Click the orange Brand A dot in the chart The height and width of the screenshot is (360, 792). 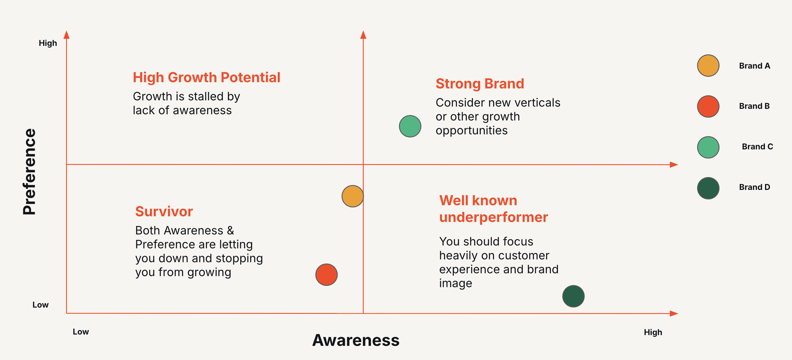tap(353, 196)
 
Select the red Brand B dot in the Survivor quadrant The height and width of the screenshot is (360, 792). tap(326, 275)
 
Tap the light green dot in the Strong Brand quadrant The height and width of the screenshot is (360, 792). tap(410, 126)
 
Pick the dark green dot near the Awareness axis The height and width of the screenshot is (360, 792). tap(573, 296)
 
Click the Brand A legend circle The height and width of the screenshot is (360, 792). tap(708, 66)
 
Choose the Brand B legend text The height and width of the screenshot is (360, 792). tap(754, 106)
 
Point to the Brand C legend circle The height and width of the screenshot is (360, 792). tap(708, 147)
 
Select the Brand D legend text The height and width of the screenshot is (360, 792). tap(755, 187)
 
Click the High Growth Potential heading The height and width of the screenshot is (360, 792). tap(207, 78)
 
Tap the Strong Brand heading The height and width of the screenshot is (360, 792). tap(480, 84)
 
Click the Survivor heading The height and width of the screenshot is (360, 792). tap(164, 212)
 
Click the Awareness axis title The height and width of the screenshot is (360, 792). tap(356, 340)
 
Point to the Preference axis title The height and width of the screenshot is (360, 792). tap(29, 172)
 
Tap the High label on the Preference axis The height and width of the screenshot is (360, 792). tap(48, 43)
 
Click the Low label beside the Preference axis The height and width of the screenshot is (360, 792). tap(41, 305)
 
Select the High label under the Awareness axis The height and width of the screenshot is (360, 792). tap(653, 332)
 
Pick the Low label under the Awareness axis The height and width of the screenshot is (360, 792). tap(81, 332)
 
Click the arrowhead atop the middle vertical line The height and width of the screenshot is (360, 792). tap(363, 35)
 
